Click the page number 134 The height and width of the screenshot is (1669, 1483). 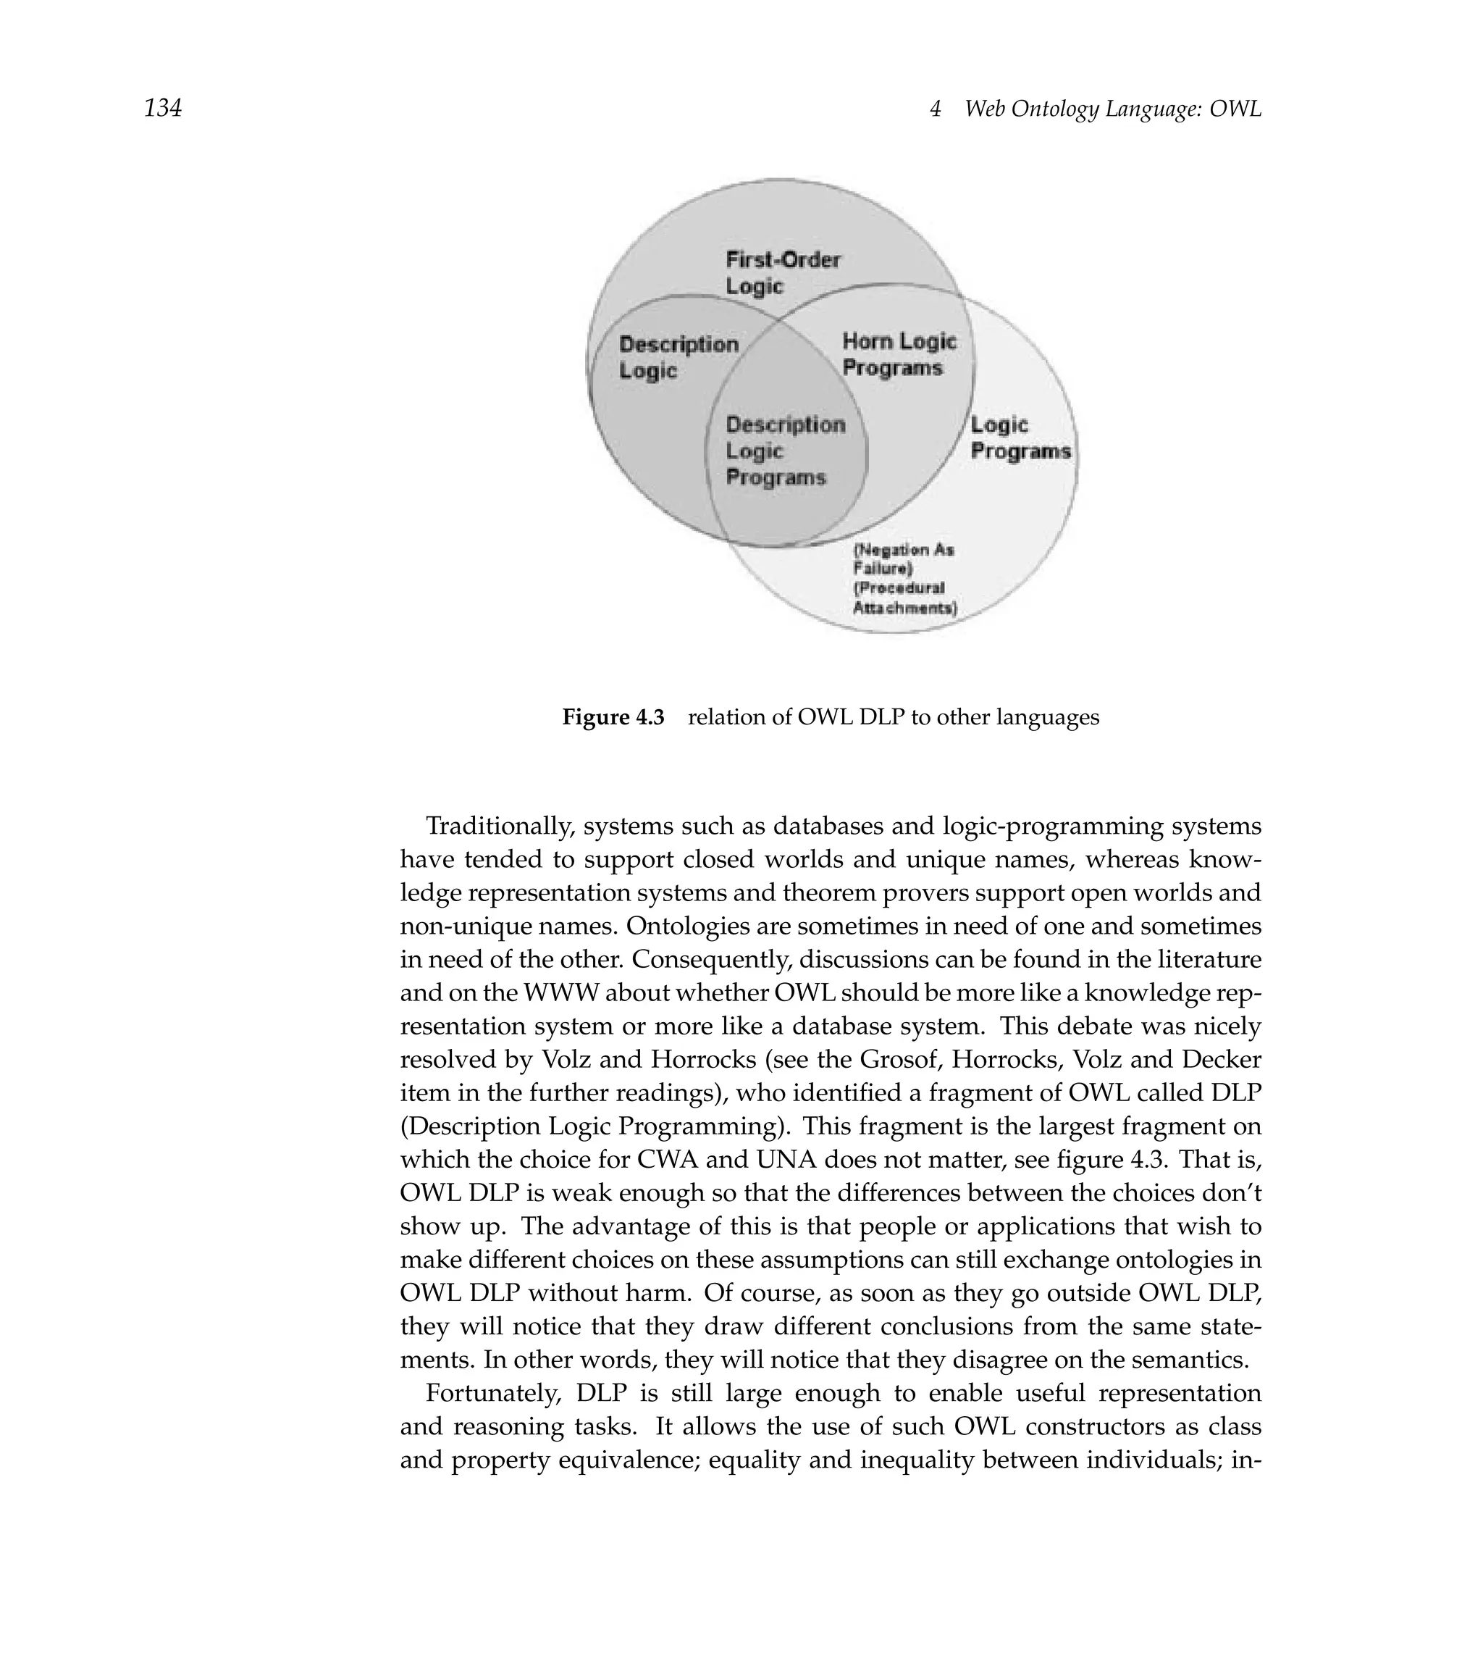162,108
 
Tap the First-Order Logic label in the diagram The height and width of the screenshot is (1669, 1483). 782,272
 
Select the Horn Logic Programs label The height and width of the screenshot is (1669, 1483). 898,354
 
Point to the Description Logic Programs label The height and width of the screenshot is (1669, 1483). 784,451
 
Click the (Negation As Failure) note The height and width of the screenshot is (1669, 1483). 903,559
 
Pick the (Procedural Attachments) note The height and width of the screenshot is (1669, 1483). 904,598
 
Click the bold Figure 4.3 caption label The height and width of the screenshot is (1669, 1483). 613,718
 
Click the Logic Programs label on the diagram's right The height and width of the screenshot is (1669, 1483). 1019,438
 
